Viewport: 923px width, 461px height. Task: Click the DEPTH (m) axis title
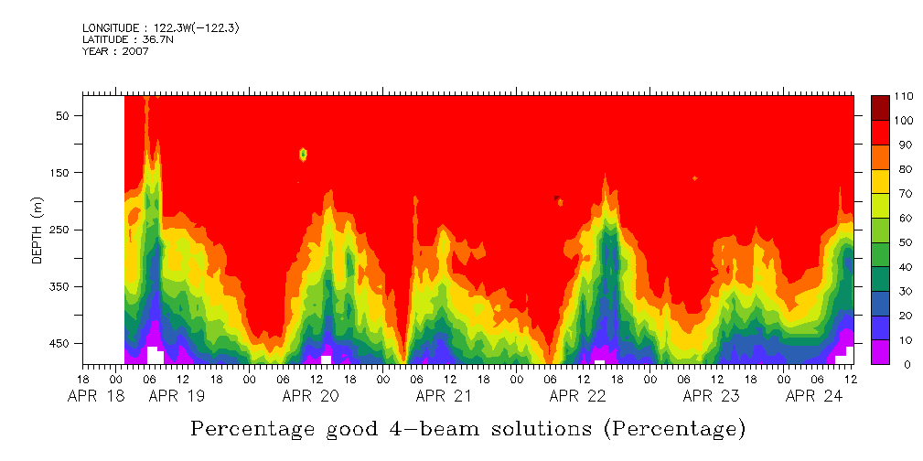[x=38, y=230]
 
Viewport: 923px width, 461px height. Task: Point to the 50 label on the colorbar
[x=902, y=242]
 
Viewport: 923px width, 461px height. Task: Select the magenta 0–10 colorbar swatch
[x=880, y=352]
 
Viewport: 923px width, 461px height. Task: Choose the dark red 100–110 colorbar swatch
[x=880, y=108]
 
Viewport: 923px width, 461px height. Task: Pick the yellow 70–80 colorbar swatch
[x=880, y=181]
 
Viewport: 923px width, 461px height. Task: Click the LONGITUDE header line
[x=161, y=28]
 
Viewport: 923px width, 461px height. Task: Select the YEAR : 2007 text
[x=115, y=50]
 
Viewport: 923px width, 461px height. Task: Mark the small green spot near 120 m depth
[x=303, y=155]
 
